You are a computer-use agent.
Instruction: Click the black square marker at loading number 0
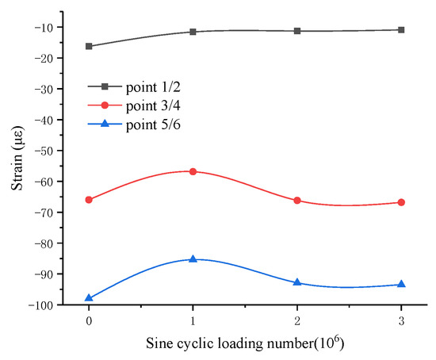89,46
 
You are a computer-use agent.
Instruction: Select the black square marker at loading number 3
401,30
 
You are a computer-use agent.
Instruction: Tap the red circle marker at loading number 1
193,171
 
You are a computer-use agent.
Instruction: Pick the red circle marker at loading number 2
297,201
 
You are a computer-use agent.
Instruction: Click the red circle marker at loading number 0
89,200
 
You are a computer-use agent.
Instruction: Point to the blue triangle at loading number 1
193,259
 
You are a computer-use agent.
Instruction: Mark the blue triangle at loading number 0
89,298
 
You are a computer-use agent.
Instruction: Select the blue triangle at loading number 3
401,284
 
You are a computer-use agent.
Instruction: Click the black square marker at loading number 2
297,31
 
